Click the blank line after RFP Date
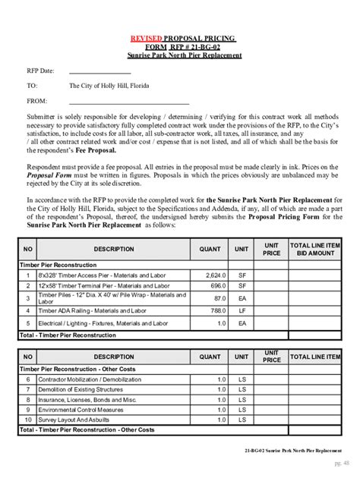tap(100, 72)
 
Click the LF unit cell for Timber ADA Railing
tap(242, 310)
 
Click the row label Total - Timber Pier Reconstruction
tap(68, 335)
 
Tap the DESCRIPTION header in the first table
tap(114, 249)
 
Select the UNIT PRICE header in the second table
tap(271, 357)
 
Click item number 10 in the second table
tap(28, 419)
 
